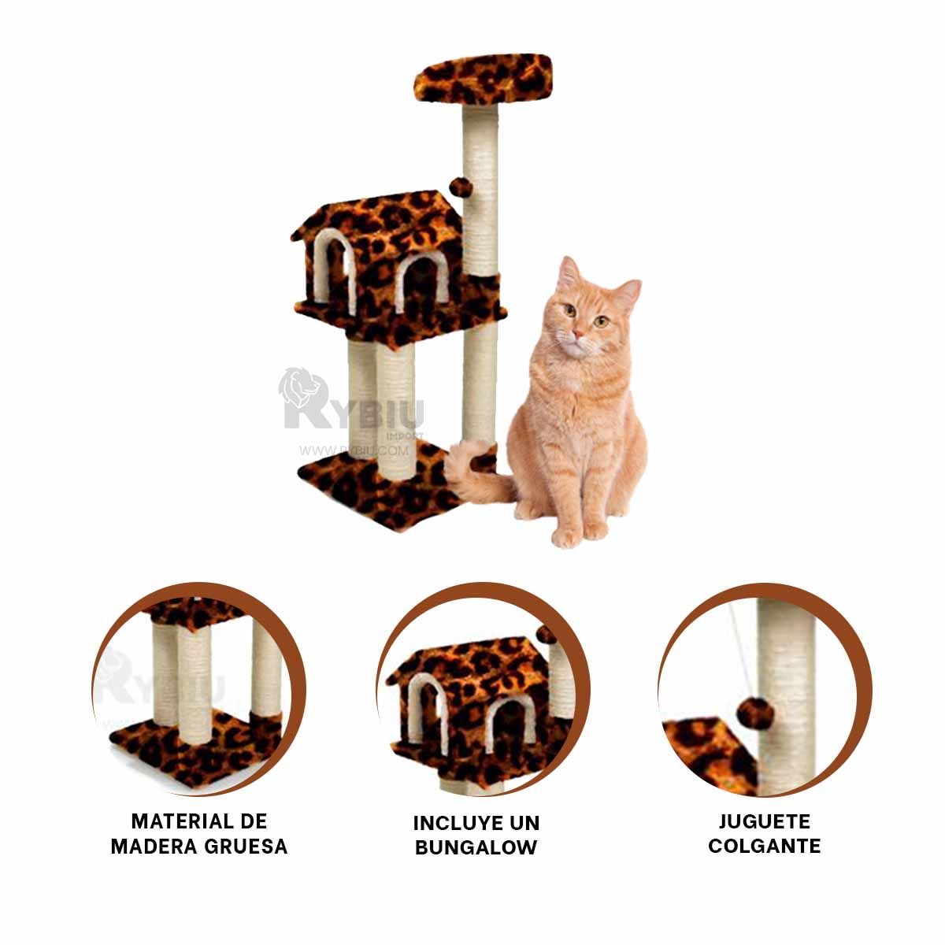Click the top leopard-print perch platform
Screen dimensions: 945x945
coord(483,77)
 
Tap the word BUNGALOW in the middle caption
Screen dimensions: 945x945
coord(476,847)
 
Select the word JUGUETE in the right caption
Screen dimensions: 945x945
coord(764,822)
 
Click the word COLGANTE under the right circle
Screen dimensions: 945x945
coord(764,847)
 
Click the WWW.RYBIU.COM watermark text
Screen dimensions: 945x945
coord(353,451)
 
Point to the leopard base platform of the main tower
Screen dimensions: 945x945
coord(378,492)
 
